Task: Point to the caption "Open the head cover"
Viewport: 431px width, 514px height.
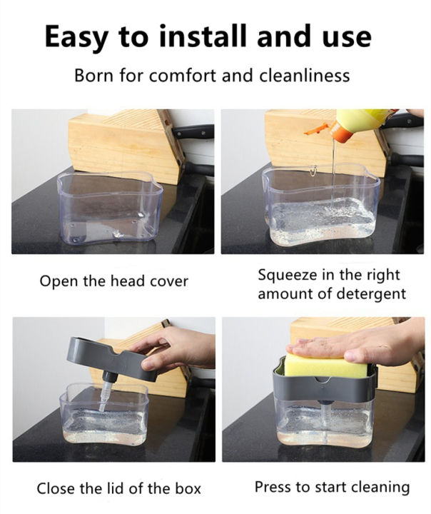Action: [x=114, y=281]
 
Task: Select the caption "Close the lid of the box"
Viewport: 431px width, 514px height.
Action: [x=119, y=489]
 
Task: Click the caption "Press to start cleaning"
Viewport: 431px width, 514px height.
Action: [x=332, y=488]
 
